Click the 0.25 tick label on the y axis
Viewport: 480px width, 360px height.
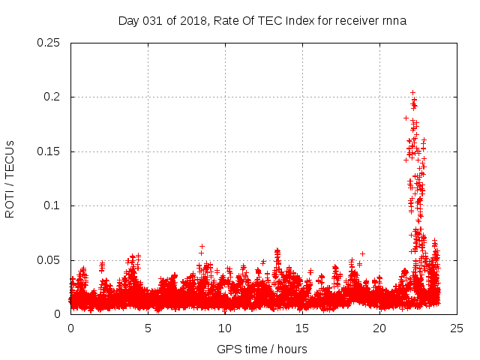49,43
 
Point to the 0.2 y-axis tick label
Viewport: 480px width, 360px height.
52,97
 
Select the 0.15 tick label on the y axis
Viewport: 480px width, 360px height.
49,151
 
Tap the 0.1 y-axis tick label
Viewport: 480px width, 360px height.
52,205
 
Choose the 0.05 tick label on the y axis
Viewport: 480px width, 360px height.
49,260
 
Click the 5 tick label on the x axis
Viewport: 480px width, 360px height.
148,328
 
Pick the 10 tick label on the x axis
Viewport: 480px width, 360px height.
225,328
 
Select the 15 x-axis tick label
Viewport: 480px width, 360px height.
302,328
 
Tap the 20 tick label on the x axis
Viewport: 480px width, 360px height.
379,328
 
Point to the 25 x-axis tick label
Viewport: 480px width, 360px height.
457,328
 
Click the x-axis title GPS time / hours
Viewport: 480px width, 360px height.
262,349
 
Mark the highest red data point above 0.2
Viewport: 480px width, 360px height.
412,93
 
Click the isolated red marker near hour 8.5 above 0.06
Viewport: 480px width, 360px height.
202,246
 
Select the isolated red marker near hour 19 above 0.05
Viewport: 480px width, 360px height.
363,253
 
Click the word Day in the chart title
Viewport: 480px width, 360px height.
129,20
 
